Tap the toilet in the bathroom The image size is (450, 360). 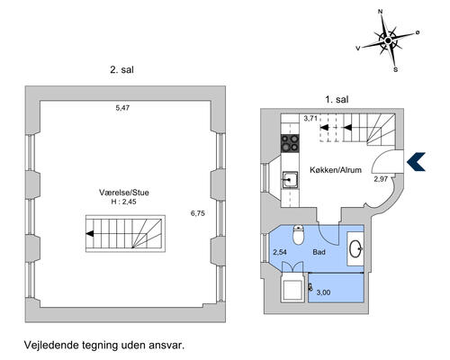coord(299,235)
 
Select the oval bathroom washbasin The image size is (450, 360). coord(355,248)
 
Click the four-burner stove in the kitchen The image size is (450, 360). coord(290,143)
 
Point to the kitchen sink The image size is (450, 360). coord(290,180)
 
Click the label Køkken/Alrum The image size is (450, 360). coord(336,170)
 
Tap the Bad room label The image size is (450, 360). coord(319,252)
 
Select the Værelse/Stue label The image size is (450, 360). coord(124,193)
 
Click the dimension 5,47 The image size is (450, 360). coord(122,108)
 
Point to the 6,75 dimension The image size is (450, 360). coord(198,213)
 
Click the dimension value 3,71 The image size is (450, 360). coord(310,118)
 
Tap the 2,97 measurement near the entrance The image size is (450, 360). coord(381,179)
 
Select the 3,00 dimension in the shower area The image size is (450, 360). coord(323,292)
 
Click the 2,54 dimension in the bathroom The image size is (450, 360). coord(280,252)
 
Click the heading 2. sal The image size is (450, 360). coord(121,70)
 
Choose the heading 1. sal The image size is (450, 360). coord(337,99)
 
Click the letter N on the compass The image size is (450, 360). coord(380,12)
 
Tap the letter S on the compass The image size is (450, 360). coord(396,69)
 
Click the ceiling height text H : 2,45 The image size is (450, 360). coord(123,202)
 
